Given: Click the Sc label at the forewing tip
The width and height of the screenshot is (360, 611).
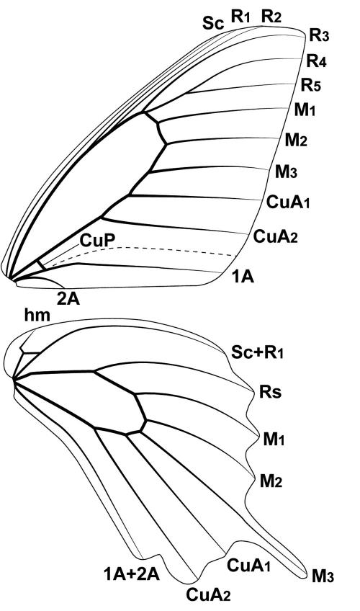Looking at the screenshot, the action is pos(213,24).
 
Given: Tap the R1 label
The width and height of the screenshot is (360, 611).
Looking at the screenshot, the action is pos(240,17).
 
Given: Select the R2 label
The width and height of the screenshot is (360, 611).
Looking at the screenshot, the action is pos(271,17).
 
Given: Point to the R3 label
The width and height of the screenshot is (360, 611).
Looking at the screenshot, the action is pos(319,35).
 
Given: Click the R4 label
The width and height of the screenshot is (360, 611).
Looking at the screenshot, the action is pos(316,61).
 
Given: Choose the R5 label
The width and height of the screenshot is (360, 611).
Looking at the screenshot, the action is pos(311,84).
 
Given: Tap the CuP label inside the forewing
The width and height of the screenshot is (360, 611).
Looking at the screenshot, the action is pos(97,241).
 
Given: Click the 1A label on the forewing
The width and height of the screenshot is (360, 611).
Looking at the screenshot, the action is pos(243,277).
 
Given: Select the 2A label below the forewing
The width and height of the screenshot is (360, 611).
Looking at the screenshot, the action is pos(68,299).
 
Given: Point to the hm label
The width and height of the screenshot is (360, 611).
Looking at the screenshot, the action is pos(37,315).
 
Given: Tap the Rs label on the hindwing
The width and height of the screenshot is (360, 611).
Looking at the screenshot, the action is pos(270,392).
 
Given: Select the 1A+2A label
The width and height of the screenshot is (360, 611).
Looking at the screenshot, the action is pos(132,574).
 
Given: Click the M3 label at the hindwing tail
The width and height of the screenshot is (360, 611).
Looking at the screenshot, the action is pos(323,576).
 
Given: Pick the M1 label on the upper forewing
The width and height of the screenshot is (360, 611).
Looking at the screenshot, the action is pos(305,110).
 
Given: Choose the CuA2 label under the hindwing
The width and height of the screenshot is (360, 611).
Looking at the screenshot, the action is pos(208,595).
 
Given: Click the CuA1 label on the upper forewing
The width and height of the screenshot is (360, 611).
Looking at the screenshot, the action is pos(287,202).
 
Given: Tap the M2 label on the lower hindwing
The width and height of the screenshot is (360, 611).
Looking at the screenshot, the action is pos(271,481).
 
